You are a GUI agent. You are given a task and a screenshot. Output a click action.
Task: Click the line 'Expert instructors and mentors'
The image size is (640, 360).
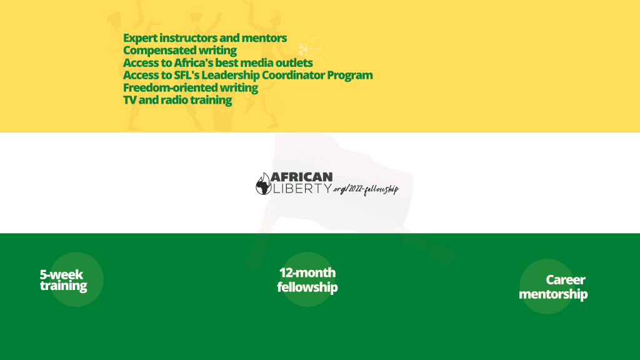[x=205, y=38]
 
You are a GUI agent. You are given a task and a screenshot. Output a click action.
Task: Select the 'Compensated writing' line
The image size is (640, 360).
[x=180, y=51]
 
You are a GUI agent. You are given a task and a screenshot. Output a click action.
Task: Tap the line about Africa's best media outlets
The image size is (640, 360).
[x=218, y=63]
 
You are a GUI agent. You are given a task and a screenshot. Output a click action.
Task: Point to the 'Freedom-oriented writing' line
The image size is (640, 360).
[x=191, y=87]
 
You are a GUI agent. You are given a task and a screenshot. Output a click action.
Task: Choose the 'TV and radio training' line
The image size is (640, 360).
[x=177, y=100]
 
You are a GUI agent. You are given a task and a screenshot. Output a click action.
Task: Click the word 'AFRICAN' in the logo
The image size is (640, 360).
[x=302, y=177]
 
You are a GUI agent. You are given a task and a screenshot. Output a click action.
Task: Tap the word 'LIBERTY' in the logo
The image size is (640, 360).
[x=302, y=188]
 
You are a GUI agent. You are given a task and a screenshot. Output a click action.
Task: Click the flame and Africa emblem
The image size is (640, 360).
[x=263, y=184]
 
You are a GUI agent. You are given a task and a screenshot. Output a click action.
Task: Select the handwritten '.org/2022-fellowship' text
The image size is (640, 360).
[x=366, y=189]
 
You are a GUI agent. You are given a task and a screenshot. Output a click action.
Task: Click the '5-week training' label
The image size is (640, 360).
[x=63, y=280]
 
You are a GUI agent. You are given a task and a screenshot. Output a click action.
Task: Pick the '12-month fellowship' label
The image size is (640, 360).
[x=307, y=280]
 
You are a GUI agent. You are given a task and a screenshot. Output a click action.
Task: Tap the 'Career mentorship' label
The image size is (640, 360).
[x=553, y=287]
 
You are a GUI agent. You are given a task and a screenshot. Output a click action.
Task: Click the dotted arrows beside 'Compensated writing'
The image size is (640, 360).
[x=309, y=49]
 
